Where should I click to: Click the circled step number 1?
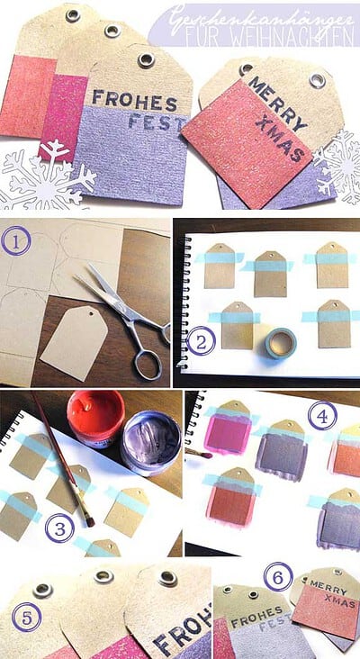tap(16, 240)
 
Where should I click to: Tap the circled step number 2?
tap(201, 341)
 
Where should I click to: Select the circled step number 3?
tap(59, 528)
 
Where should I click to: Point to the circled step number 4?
tap(322, 416)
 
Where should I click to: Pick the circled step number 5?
tap(26, 617)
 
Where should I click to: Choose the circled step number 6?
tap(278, 576)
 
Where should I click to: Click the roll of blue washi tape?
tap(281, 343)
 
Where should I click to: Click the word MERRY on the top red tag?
tap(277, 103)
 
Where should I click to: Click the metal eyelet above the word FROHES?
tap(146, 60)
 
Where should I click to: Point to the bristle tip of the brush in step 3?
tap(89, 522)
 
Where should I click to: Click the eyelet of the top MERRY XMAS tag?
tap(317, 80)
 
